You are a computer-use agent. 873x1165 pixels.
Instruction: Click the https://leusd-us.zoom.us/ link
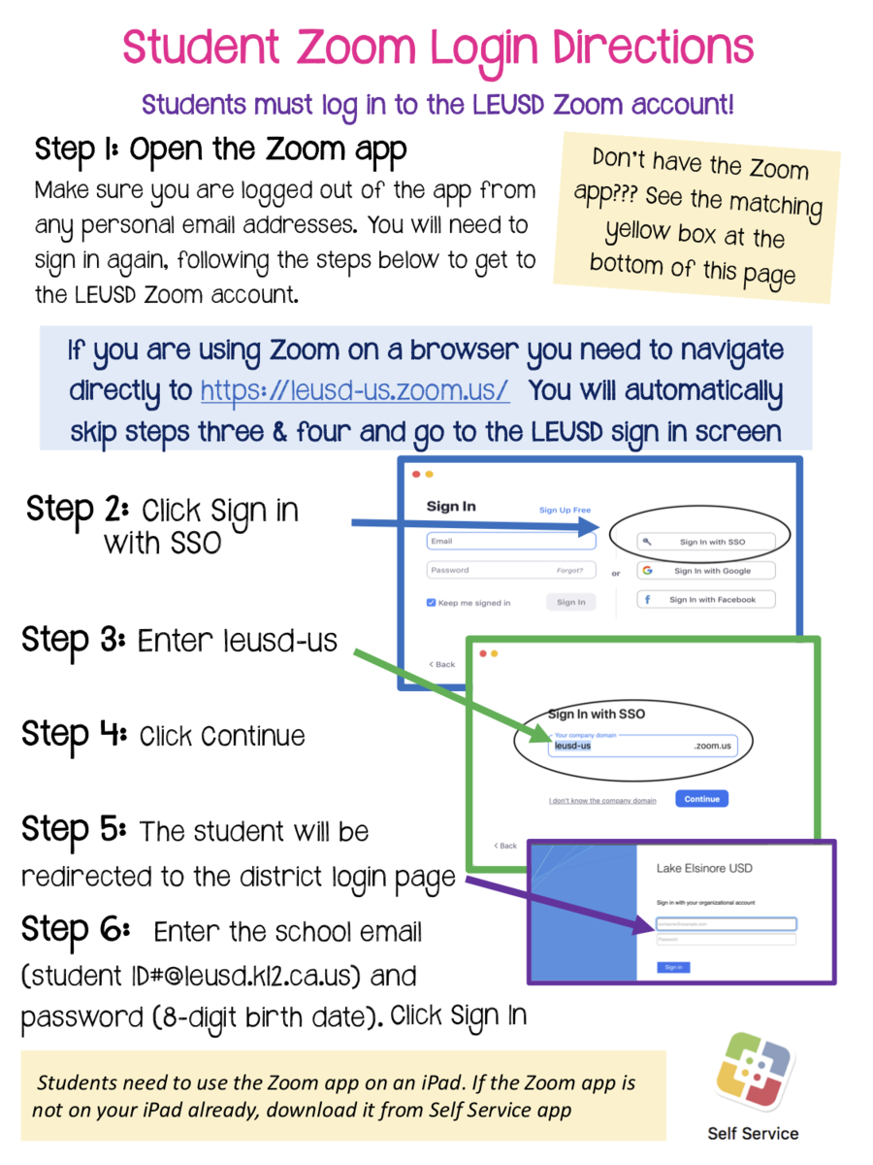(x=354, y=390)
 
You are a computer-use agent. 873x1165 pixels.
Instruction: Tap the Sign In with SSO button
(x=705, y=542)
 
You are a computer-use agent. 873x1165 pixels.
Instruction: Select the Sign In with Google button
(x=707, y=571)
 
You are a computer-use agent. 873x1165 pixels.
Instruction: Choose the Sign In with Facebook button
(x=707, y=600)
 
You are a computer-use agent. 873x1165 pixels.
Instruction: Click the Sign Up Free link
(x=565, y=510)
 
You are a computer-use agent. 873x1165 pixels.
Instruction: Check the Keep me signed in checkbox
(x=432, y=603)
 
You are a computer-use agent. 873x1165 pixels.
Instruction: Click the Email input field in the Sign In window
(x=510, y=542)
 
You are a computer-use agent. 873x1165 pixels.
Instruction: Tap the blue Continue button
(x=701, y=799)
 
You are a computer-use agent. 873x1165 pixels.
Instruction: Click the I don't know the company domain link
(x=602, y=801)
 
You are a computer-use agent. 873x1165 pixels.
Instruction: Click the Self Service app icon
(x=754, y=1071)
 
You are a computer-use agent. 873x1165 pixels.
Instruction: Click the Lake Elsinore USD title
(x=704, y=867)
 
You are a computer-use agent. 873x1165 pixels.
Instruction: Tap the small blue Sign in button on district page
(x=672, y=967)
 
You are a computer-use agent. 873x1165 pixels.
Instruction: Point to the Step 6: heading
(x=76, y=929)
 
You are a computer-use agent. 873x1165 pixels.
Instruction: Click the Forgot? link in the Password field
(x=569, y=571)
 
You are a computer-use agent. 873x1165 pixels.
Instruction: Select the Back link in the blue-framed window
(x=442, y=664)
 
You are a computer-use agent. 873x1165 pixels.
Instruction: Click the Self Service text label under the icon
(x=753, y=1133)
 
